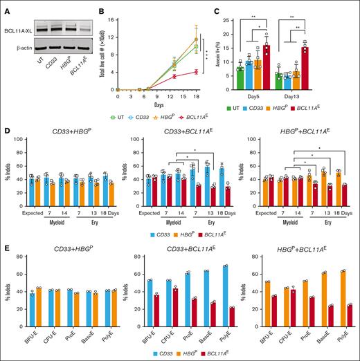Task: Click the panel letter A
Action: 6,6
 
